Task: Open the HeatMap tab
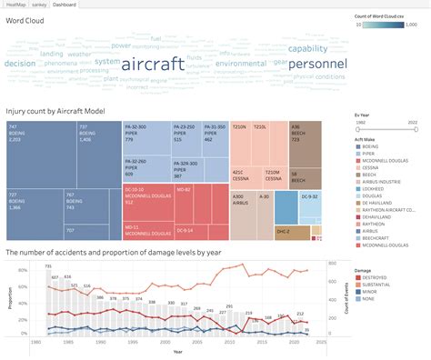click(15, 5)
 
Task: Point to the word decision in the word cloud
click(20, 64)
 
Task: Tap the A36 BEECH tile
click(305, 141)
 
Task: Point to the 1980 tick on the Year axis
click(35, 345)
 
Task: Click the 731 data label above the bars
click(48, 265)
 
